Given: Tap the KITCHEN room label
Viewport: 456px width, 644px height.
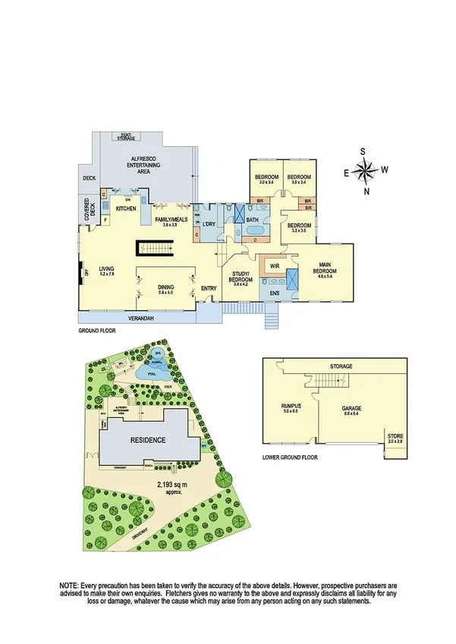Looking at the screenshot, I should [x=126, y=208].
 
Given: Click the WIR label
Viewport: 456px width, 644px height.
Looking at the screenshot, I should [x=275, y=266].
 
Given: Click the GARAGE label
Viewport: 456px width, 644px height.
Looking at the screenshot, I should [x=351, y=408].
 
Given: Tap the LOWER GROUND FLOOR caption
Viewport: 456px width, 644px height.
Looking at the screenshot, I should [x=290, y=457].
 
